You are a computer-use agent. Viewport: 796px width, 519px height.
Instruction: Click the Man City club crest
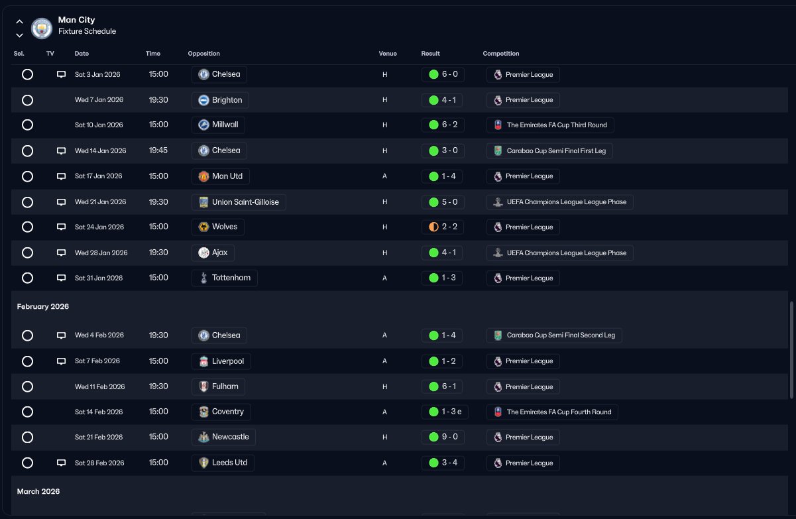[x=42, y=28]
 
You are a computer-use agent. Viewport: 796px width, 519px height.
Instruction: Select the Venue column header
[x=388, y=54]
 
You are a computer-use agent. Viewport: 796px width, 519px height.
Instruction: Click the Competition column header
[x=500, y=54]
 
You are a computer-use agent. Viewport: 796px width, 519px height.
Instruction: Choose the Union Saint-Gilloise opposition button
[x=239, y=202]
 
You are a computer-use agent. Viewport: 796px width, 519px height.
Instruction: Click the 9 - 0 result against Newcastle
[x=443, y=437]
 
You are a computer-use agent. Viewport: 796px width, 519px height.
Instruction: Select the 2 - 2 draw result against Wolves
[x=443, y=227]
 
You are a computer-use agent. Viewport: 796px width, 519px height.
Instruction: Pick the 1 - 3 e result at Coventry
[x=445, y=412]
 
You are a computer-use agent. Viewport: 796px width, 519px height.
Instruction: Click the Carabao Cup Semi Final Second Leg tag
[x=553, y=335]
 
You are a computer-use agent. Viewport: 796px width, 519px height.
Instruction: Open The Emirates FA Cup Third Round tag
[x=550, y=125]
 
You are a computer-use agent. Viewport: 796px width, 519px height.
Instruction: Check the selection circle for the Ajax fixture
[x=27, y=253]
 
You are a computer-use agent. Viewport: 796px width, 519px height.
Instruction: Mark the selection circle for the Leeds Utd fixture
[x=27, y=463]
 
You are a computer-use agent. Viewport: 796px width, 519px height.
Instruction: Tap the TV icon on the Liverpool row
[x=62, y=361]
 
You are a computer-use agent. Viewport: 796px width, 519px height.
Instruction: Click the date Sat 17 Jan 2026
[x=98, y=176]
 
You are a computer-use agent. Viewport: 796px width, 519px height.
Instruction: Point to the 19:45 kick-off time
[x=158, y=150]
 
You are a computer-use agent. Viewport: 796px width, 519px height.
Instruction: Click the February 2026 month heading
[x=43, y=307]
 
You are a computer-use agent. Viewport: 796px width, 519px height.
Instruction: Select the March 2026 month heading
[x=38, y=492]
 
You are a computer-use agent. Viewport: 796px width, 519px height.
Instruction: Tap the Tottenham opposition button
[x=225, y=278]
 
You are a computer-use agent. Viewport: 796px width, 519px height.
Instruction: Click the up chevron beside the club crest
[x=19, y=22]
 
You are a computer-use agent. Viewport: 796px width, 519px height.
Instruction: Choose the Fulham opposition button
[x=219, y=386]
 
